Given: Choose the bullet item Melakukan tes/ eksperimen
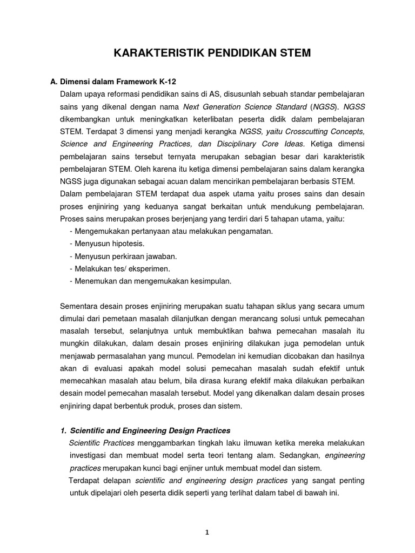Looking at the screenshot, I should (x=120, y=268).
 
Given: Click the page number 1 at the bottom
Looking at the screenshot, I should (x=207, y=532).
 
